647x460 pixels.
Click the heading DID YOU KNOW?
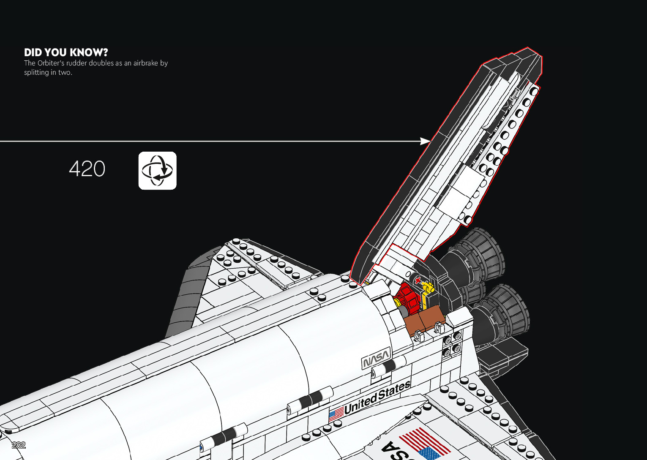tap(66, 52)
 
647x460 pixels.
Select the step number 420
tap(87, 169)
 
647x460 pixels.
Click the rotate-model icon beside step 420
tap(157, 171)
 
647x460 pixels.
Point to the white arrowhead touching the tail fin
tap(425, 141)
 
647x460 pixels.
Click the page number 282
tap(19, 445)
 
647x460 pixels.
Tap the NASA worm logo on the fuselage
tap(376, 359)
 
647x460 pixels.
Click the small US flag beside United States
tap(336, 414)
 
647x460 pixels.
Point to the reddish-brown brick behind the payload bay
tap(424, 321)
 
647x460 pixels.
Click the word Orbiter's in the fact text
tap(51, 63)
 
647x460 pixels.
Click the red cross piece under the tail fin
tap(418, 280)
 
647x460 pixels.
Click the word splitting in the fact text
tap(36, 72)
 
